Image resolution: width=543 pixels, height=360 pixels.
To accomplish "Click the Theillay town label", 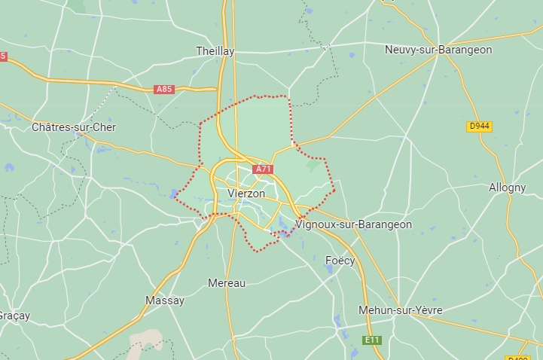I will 215,51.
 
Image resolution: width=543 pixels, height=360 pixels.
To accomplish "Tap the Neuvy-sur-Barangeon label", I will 438,50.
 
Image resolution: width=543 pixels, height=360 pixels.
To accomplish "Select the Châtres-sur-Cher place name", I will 74,127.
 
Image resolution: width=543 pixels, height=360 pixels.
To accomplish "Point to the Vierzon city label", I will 246,194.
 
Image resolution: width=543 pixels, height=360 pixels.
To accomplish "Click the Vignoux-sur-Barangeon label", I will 354,224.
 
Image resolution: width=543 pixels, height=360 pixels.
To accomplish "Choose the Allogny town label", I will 507,188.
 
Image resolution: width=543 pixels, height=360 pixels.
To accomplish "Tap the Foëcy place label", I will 340,260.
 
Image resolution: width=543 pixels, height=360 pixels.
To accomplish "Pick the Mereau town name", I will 227,283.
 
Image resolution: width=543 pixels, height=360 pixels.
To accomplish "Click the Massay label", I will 164,301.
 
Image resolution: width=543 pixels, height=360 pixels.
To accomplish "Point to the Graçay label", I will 15,316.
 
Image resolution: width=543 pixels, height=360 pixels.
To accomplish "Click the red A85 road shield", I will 164,89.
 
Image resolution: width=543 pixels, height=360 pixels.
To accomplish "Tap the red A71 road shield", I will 263,169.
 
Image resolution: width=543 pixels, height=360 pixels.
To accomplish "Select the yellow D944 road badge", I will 480,127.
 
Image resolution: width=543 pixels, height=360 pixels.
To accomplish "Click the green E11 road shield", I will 372,340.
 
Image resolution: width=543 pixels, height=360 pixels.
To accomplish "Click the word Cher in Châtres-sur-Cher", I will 103,127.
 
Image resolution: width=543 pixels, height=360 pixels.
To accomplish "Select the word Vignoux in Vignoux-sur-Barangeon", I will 316,224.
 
